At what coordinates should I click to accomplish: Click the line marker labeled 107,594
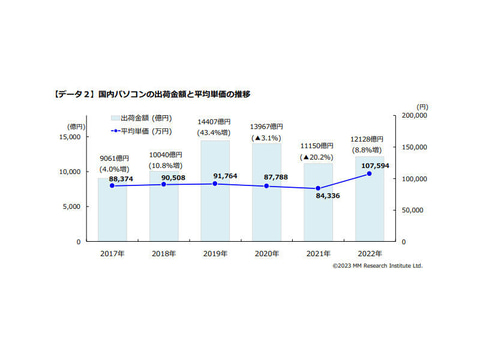369,174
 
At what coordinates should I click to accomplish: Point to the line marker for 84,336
317,189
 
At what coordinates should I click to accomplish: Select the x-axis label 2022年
369,255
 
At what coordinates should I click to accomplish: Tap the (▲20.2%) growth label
317,157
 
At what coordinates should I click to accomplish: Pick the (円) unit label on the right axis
423,105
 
